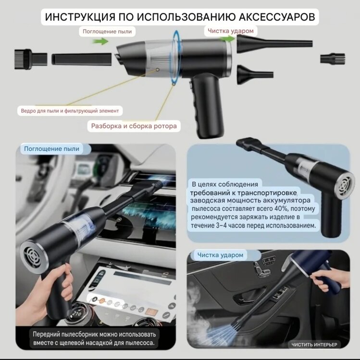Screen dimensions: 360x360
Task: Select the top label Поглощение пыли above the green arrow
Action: (x=107, y=32)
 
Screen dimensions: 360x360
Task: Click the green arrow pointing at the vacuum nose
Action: (x=100, y=41)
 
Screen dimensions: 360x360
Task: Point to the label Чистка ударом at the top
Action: (x=231, y=31)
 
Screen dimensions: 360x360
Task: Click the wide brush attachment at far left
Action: (x=31, y=59)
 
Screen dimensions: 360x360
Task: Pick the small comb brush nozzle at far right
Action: (x=333, y=59)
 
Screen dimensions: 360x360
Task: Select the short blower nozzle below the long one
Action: (x=255, y=74)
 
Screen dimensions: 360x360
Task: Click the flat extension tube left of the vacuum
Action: (x=81, y=59)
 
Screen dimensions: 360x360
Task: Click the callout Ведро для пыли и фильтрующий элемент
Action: (x=70, y=111)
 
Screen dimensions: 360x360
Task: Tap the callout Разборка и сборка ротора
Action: (x=134, y=126)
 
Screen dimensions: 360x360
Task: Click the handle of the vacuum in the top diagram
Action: (x=206, y=106)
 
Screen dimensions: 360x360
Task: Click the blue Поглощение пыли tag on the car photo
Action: (x=52, y=149)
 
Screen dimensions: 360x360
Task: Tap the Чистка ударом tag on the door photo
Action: (x=220, y=255)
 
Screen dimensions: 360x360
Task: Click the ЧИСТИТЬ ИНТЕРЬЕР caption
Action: (x=314, y=345)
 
